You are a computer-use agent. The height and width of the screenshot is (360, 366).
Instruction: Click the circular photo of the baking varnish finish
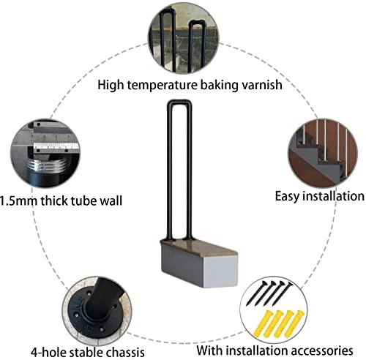click(186, 37)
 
